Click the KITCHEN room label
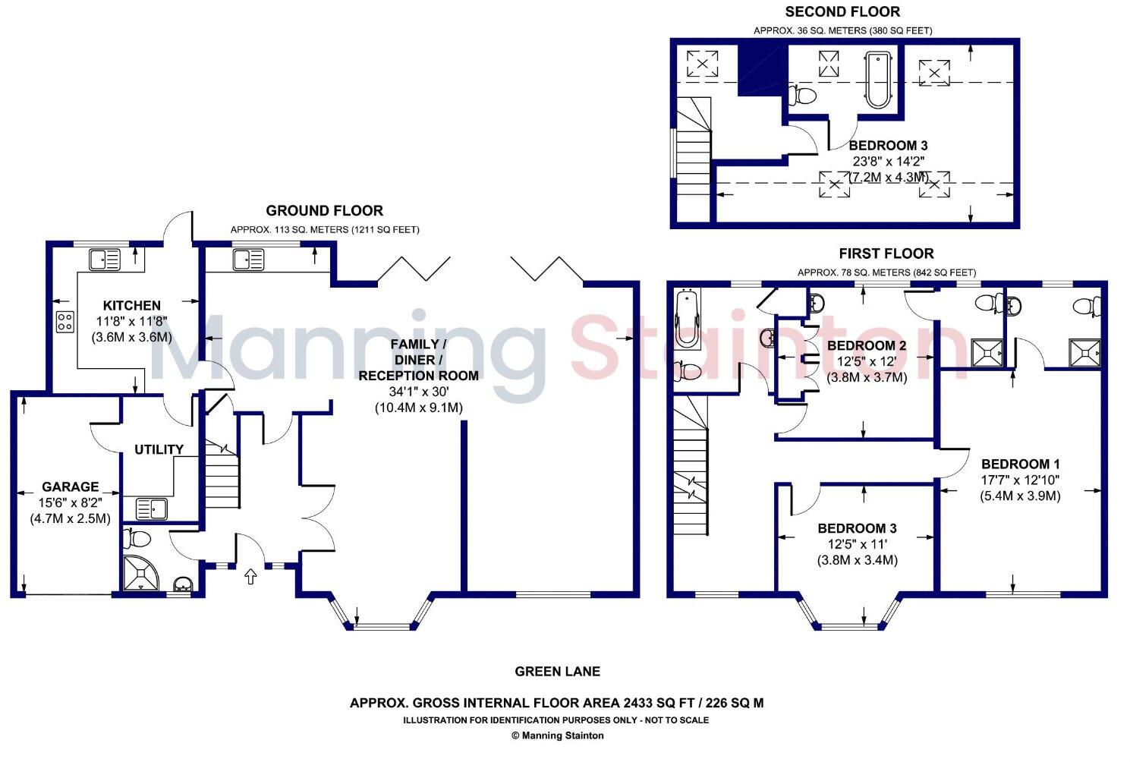tap(132, 305)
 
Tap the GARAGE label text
tap(70, 486)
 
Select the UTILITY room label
tap(159, 449)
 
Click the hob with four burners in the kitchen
tap(65, 321)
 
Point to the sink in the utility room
tap(151, 507)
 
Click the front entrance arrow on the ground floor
tap(251, 578)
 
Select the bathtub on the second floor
tap(877, 79)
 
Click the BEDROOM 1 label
tap(1020, 464)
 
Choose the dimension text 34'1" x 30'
tap(418, 392)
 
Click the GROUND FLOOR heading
tap(324, 210)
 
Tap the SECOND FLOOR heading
tap(842, 11)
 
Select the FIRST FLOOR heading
tap(886, 253)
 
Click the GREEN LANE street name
tap(557, 671)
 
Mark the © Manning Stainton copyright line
tap(557, 735)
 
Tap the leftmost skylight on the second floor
tap(702, 63)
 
